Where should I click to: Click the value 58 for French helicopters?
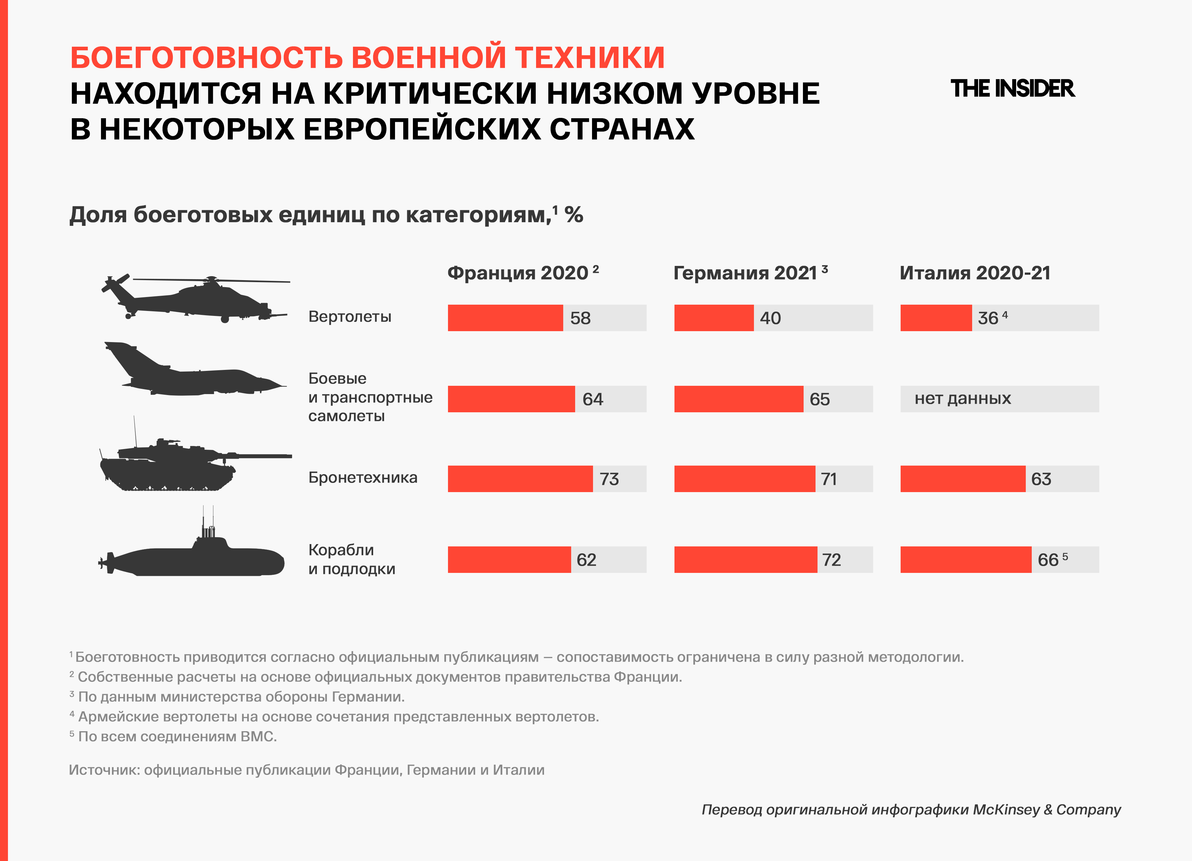pyautogui.click(x=580, y=318)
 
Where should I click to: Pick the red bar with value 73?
pyautogui.click(x=520, y=479)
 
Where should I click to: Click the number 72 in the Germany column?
pyautogui.click(x=831, y=560)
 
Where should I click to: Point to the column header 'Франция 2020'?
pyautogui.click(x=518, y=273)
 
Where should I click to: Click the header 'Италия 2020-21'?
pyautogui.click(x=975, y=273)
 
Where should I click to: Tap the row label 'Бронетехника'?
pyautogui.click(x=363, y=478)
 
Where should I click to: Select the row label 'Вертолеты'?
pyautogui.click(x=350, y=317)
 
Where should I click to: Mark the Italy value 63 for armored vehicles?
pyautogui.click(x=1041, y=479)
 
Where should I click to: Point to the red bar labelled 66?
pyautogui.click(x=966, y=560)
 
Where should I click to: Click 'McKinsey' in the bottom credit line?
pyautogui.click(x=1006, y=809)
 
